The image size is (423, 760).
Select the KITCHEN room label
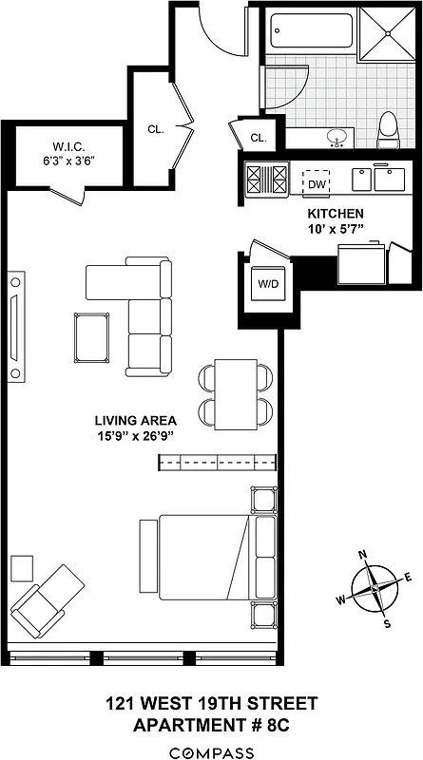tap(336, 216)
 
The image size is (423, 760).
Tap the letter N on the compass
tap(361, 556)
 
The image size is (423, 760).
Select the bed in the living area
tap(205, 559)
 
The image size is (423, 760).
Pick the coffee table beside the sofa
tap(91, 337)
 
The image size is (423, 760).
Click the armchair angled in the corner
tap(47, 602)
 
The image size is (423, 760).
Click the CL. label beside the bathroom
tap(258, 139)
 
